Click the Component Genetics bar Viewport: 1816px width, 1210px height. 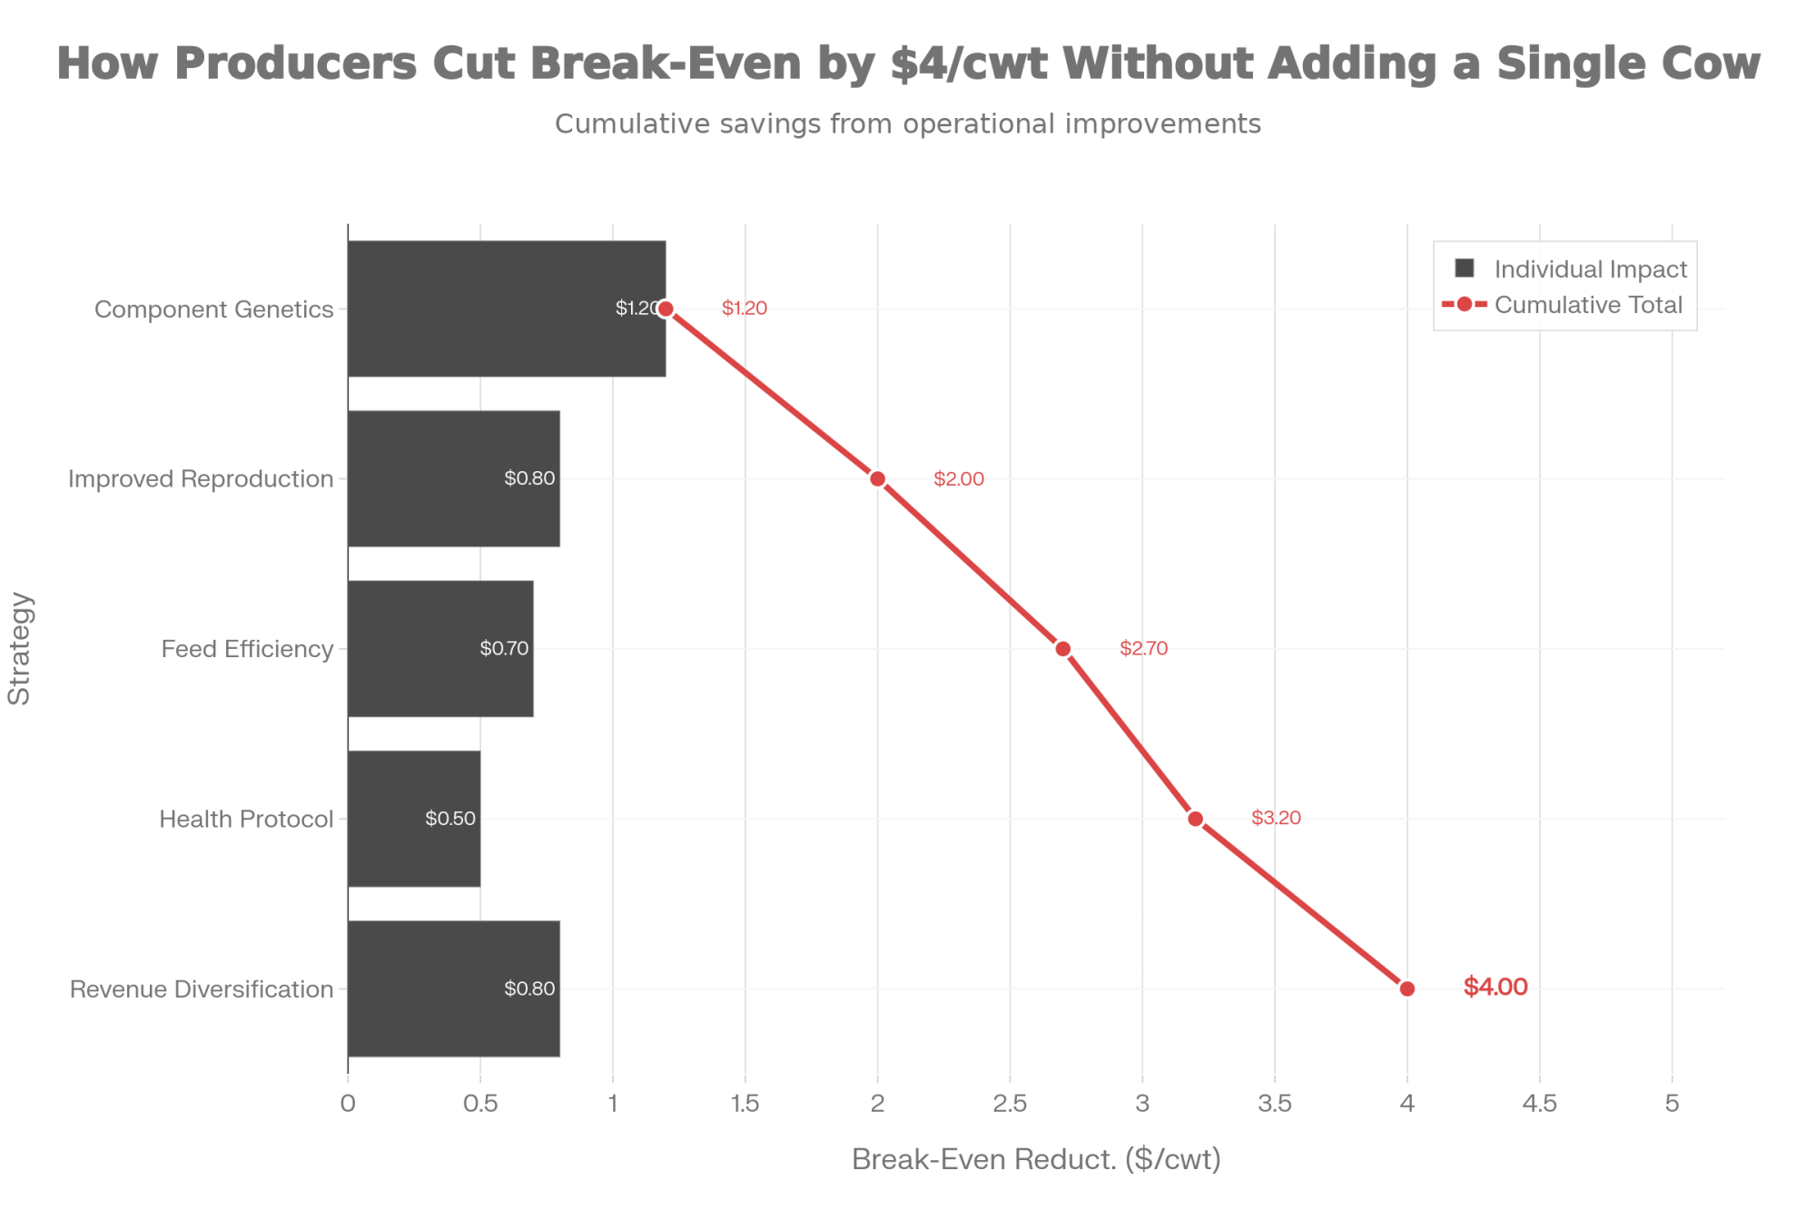pos(506,309)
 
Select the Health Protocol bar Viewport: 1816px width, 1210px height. pos(413,818)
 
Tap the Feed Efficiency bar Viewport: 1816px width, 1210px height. pos(440,648)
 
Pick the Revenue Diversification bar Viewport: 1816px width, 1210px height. pos(453,989)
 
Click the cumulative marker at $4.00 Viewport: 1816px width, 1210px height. pos(1407,989)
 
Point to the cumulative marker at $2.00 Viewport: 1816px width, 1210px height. pos(877,478)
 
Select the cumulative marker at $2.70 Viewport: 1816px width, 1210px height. pos(1063,648)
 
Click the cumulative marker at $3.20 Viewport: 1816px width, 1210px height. pos(1196,818)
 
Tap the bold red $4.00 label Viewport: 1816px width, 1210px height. pos(1495,987)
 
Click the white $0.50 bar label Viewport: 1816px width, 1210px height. pos(450,818)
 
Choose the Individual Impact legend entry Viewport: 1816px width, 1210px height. pos(1571,269)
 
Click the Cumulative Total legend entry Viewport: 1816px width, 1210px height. pos(1571,305)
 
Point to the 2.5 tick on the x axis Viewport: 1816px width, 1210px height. pos(1010,1104)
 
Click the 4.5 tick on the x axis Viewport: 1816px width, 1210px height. pos(1540,1104)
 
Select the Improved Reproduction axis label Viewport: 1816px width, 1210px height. pos(201,478)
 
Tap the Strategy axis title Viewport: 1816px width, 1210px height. pos(20,648)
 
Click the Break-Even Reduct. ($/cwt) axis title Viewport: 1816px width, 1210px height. pos(1036,1159)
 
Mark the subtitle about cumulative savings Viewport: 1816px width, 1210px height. pos(908,123)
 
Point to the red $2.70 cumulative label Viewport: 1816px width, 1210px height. pos(1143,648)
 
